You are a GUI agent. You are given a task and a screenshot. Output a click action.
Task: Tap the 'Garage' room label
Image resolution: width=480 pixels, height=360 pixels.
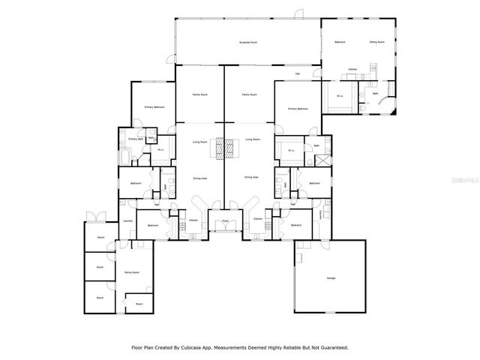point(331,277)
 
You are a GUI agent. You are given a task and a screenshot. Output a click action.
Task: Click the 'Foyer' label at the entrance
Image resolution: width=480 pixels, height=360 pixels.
point(223,221)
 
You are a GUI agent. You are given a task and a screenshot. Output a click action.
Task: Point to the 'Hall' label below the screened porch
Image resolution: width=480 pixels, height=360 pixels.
point(297,73)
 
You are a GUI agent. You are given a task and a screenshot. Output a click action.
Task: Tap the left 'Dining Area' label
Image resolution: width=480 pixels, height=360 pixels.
point(199,178)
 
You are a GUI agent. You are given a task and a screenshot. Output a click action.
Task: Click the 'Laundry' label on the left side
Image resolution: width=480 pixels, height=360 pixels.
point(127,221)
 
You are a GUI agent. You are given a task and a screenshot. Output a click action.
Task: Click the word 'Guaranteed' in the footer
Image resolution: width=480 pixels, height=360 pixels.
point(331,348)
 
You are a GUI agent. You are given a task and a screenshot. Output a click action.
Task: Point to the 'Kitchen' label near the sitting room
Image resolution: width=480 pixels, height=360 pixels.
point(352,70)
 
